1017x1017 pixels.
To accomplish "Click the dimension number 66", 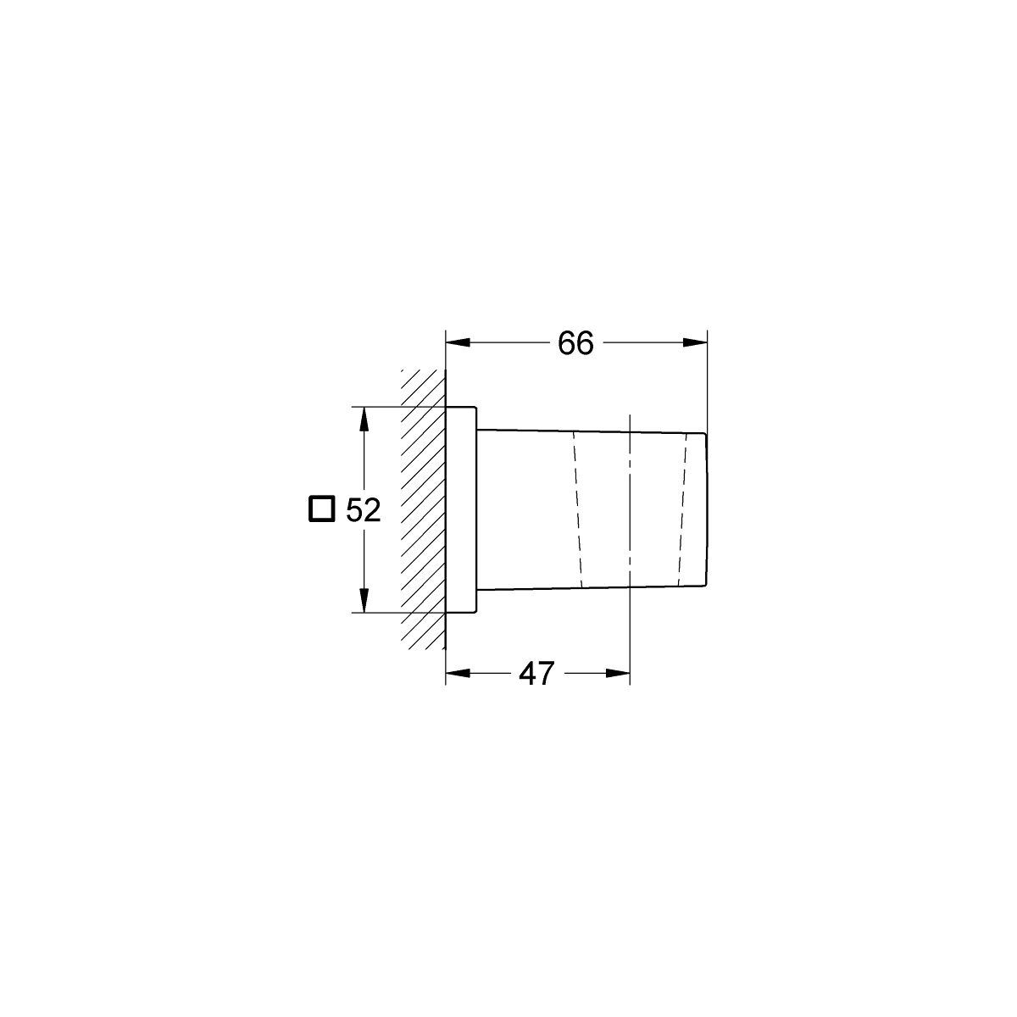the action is (x=575, y=343).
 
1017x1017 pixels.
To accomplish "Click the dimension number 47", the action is (x=536, y=674).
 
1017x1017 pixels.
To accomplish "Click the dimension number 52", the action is (x=363, y=510).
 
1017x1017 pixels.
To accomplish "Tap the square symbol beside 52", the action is (x=321, y=508).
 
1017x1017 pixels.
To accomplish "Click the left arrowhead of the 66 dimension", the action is (x=458, y=343).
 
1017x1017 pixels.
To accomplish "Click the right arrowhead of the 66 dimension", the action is (x=695, y=343).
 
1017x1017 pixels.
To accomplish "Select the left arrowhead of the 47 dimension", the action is (x=458, y=674).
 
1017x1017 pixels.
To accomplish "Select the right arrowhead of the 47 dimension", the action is (x=618, y=674).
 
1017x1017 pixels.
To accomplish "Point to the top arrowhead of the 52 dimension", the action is (x=363, y=420).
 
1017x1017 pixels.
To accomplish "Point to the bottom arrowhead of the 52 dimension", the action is (x=363, y=601).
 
